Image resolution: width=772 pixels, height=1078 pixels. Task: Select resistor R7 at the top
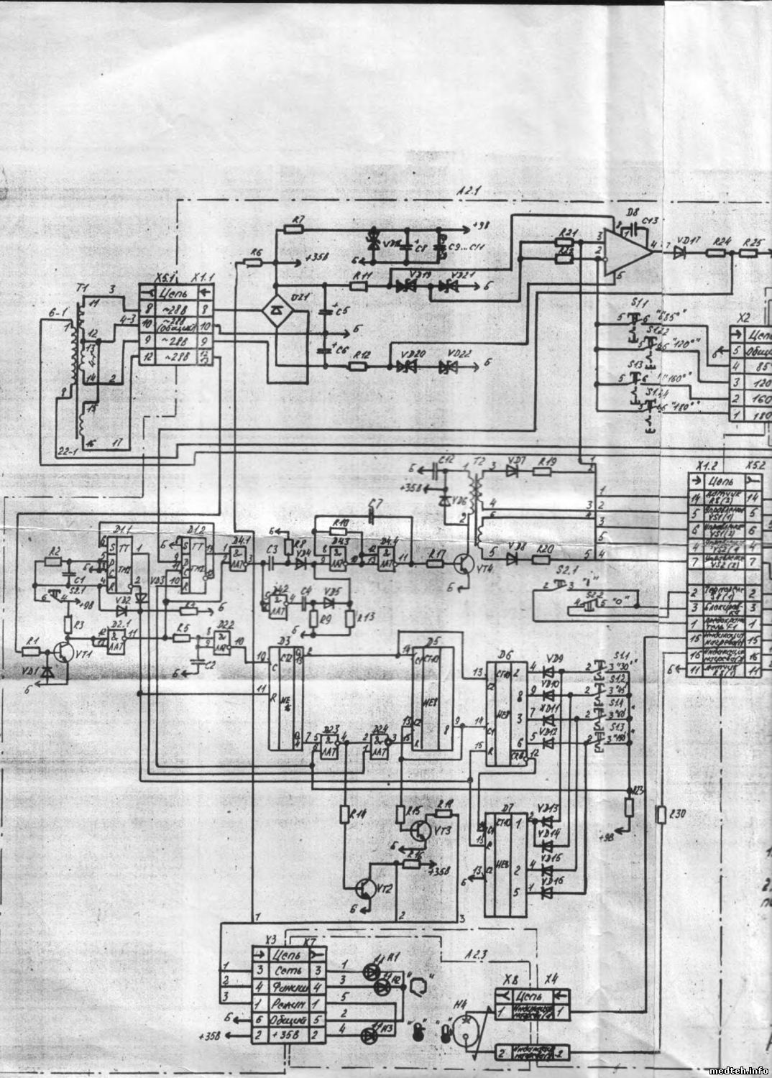coord(293,229)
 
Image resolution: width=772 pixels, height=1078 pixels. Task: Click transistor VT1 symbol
coord(63,654)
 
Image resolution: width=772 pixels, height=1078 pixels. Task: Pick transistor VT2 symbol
coord(369,889)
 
